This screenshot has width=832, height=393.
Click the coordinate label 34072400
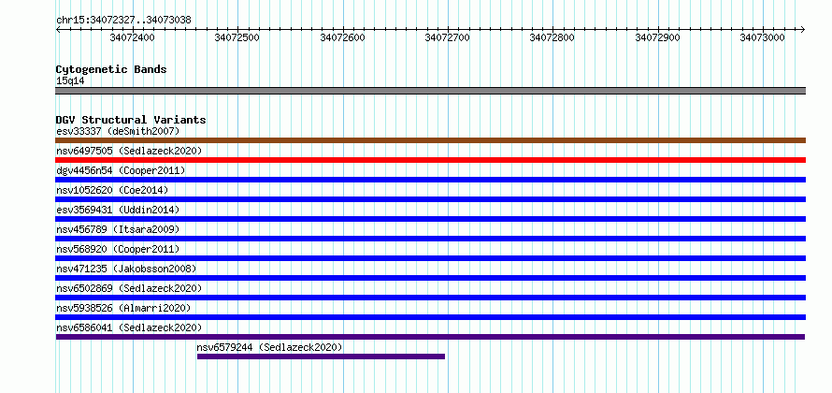(132, 37)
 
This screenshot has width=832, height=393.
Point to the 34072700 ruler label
(448, 37)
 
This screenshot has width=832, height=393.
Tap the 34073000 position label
(763, 37)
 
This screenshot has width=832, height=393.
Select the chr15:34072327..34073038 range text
(123, 21)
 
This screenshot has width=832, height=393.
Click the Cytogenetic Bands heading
(111, 69)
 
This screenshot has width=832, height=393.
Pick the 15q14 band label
(70, 80)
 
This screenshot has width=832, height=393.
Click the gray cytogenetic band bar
(430, 90)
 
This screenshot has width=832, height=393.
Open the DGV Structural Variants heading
(131, 120)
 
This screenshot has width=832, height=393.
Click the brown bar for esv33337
(430, 140)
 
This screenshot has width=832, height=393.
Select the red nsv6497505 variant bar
(430, 160)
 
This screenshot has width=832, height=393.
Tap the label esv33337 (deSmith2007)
(118, 131)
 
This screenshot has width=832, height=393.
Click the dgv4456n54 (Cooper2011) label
(121, 170)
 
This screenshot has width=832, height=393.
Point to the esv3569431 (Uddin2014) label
(118, 210)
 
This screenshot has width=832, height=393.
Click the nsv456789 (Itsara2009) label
(118, 229)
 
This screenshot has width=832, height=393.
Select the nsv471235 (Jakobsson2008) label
(126, 269)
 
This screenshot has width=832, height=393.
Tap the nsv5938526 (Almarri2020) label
(123, 308)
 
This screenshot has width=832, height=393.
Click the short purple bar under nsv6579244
(321, 357)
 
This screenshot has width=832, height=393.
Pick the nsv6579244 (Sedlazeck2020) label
(269, 347)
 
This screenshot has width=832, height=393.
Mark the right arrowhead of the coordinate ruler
(803, 29)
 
